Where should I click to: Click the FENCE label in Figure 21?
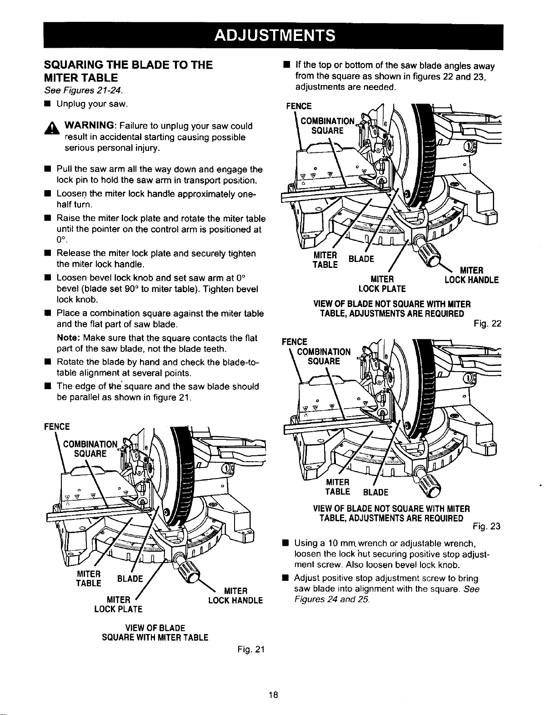(57, 427)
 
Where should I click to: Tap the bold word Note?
(66, 338)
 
